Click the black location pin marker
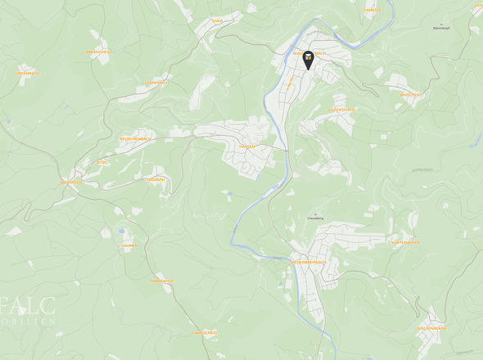[308, 61]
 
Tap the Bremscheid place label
[98, 52]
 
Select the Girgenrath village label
[26, 74]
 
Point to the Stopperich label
[156, 83]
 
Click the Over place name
[217, 21]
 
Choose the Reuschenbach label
[135, 139]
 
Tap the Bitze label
[102, 163]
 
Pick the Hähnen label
[129, 245]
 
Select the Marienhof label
[162, 281]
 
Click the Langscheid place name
[205, 333]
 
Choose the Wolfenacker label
[431, 328]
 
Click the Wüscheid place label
[410, 95]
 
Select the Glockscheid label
[342, 109]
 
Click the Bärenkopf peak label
[442, 27]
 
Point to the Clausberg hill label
[315, 218]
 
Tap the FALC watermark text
[28, 308]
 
